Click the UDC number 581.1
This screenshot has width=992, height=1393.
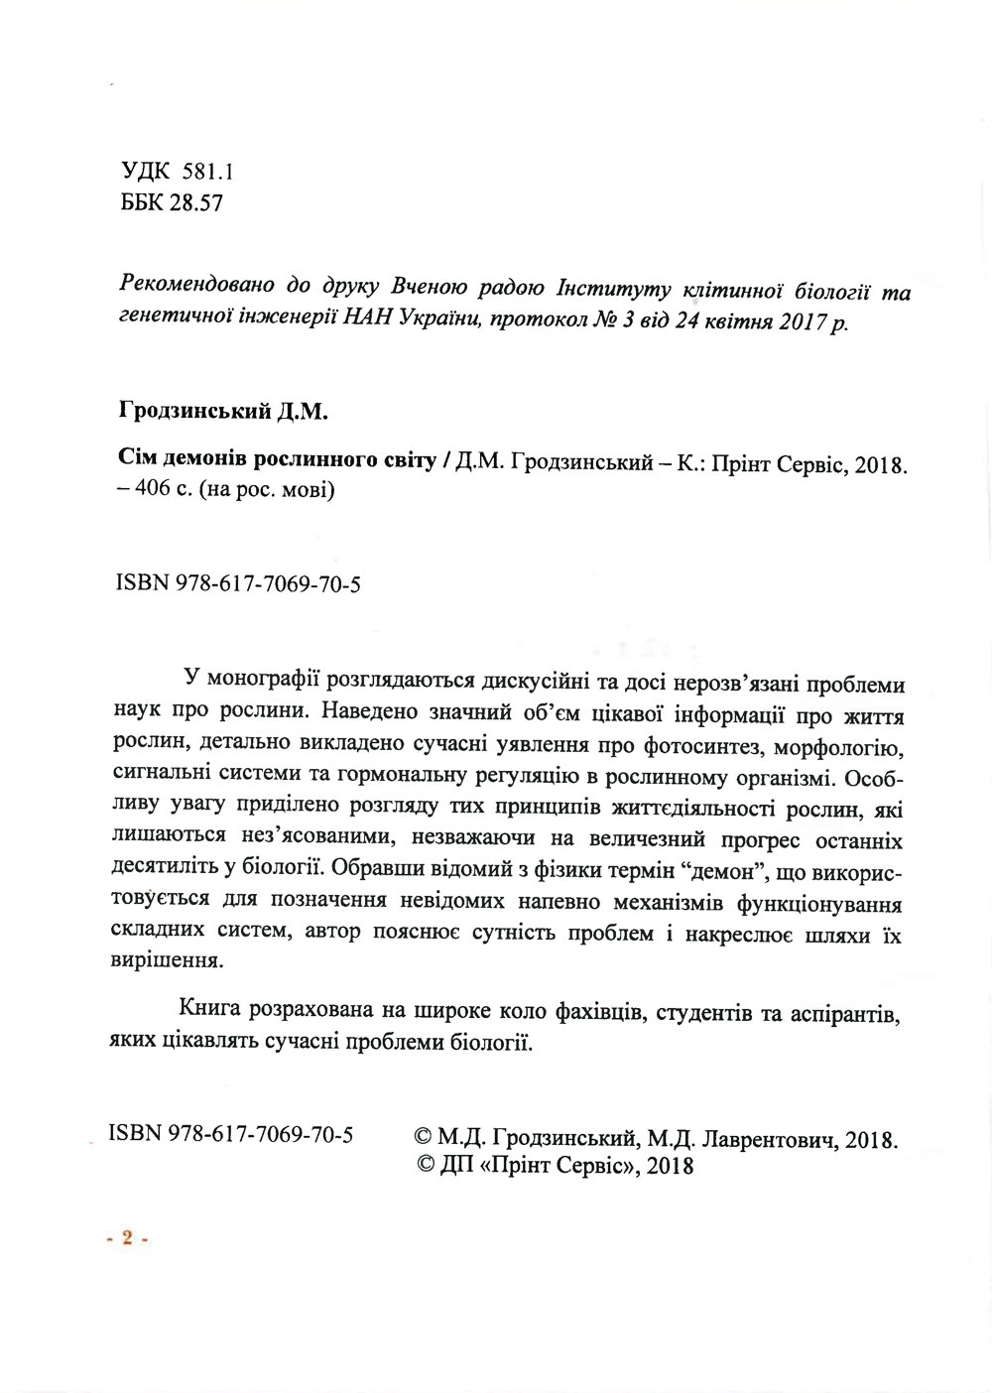[x=206, y=172]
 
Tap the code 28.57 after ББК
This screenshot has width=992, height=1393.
[x=195, y=204]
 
